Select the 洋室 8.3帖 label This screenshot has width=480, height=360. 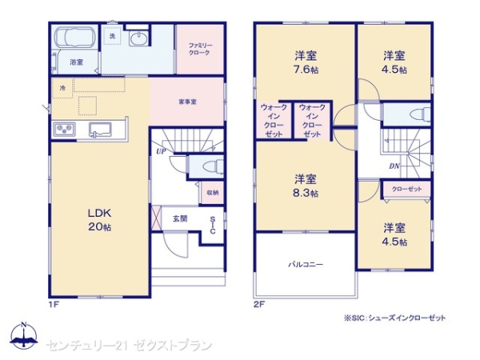pos(306,185)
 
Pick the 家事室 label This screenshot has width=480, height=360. pos(188,101)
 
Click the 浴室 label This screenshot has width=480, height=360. pos(77,62)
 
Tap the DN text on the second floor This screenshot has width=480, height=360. pos(394,166)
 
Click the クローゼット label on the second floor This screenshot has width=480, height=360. pos(407,190)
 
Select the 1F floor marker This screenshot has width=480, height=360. pos(54,305)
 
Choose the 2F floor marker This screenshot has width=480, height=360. pos(261,305)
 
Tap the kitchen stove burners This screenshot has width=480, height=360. pos(64,130)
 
